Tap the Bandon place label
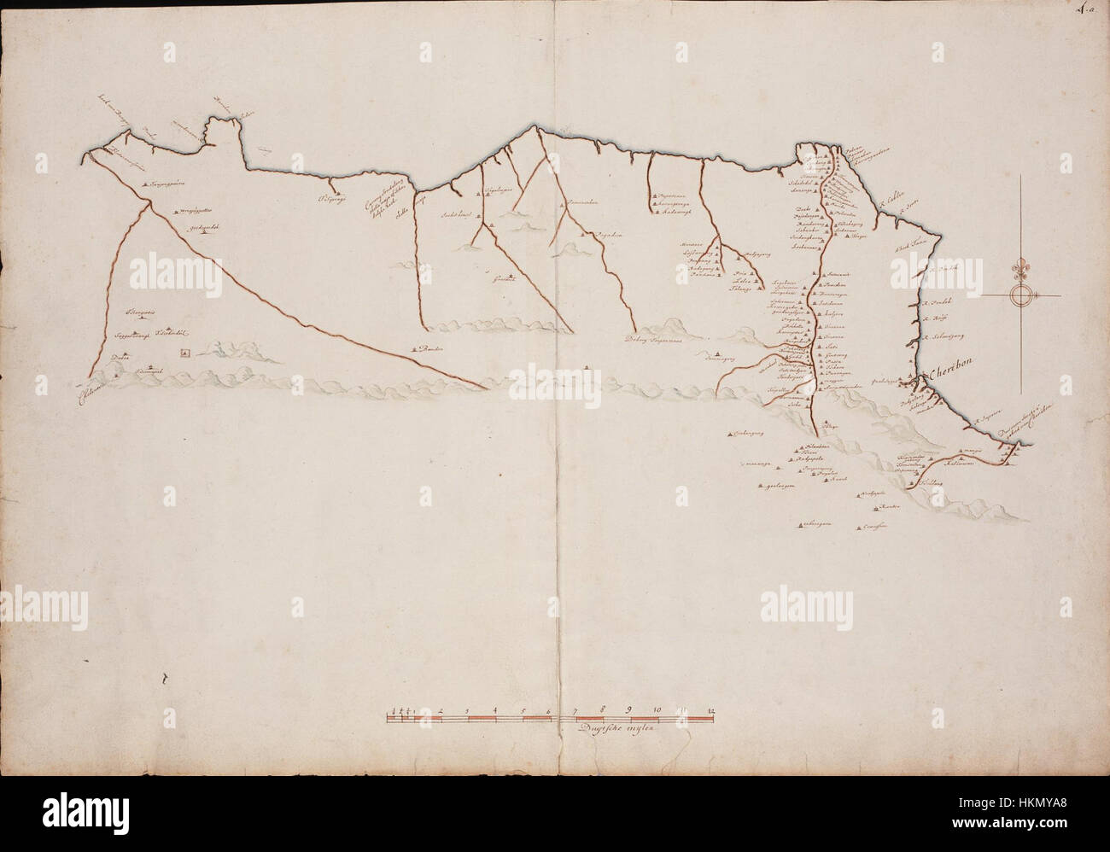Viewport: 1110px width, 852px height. click(x=436, y=349)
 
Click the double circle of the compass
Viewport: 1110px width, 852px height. click(x=1021, y=296)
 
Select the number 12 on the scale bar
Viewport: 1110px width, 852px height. click(x=711, y=709)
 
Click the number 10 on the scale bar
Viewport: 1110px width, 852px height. click(x=657, y=709)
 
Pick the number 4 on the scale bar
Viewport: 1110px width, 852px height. click(x=495, y=709)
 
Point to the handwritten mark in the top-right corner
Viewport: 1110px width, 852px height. click(x=1088, y=11)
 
